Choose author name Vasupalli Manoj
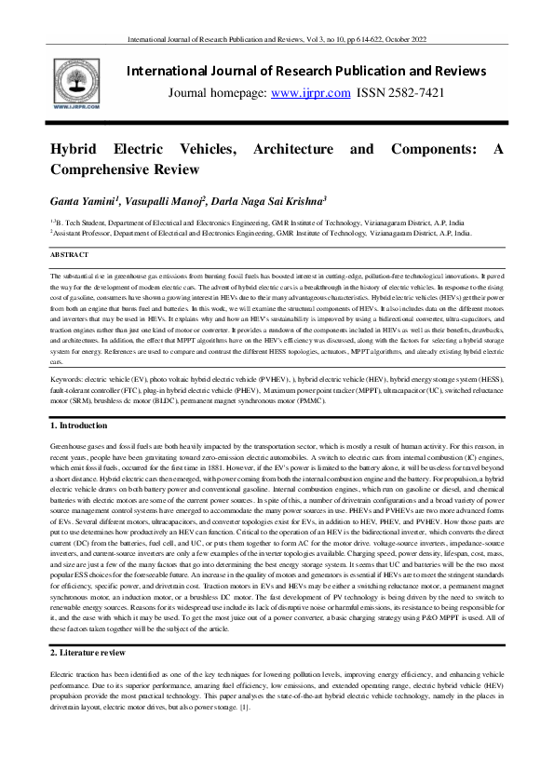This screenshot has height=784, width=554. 159,201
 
